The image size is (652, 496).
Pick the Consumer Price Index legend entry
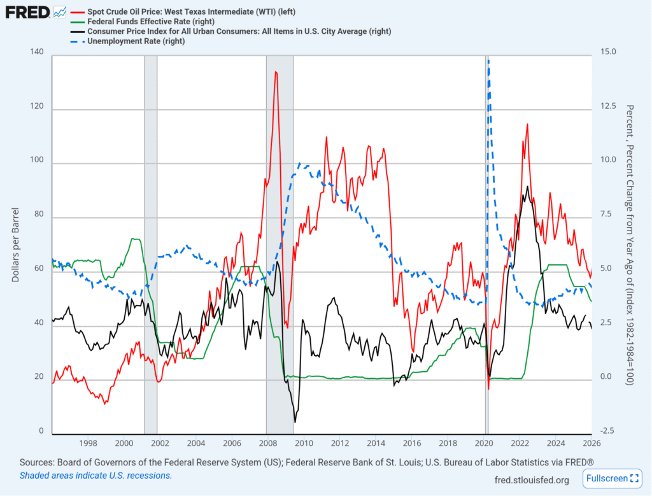(x=239, y=31)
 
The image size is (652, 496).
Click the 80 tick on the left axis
(x=39, y=218)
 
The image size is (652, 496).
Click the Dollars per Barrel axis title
(x=15, y=245)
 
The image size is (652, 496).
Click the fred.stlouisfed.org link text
(x=532, y=479)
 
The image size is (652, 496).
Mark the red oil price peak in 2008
(x=276, y=72)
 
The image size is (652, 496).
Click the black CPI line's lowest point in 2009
(x=295, y=421)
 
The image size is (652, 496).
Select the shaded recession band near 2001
(x=150, y=242)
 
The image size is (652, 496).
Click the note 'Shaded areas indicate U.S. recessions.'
(x=96, y=476)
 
